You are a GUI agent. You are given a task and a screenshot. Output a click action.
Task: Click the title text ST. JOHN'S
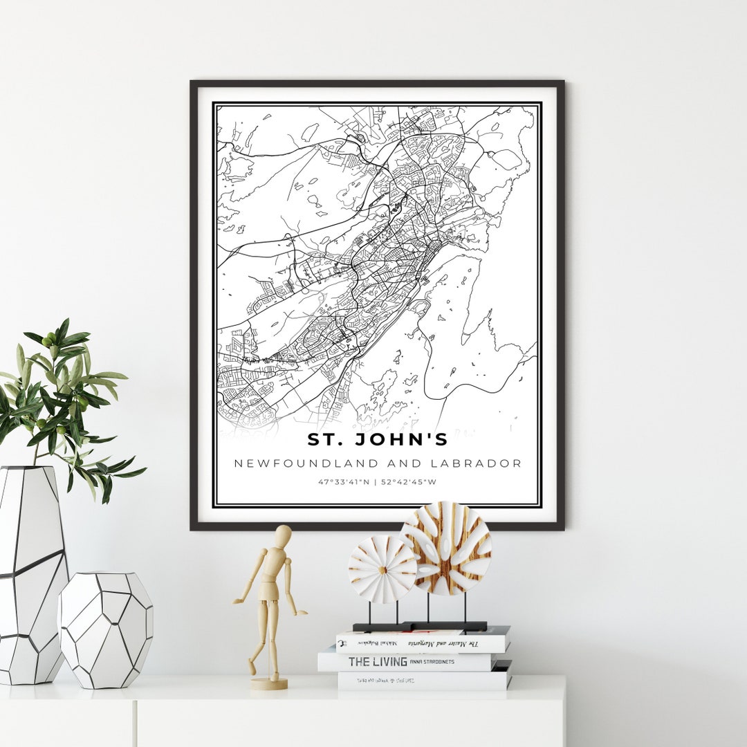tap(377, 439)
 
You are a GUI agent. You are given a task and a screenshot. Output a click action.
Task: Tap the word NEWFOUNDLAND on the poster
tap(297, 463)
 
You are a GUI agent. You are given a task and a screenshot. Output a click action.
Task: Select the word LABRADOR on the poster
tap(482, 463)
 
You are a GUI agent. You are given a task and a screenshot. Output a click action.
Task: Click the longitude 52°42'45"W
tap(412, 482)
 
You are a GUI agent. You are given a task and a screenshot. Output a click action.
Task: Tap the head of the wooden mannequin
tap(283, 535)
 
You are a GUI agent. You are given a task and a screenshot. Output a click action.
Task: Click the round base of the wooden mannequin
tap(269, 683)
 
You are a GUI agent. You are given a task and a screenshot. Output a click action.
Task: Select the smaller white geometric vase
tap(104, 629)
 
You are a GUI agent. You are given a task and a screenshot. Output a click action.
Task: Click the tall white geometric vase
tap(31, 574)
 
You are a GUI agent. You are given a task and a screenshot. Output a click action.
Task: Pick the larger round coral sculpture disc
tap(445, 548)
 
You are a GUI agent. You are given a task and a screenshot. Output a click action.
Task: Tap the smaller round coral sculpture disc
tap(382, 569)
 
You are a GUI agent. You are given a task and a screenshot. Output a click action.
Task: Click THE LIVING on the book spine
tap(377, 661)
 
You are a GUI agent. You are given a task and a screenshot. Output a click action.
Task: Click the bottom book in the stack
tap(423, 681)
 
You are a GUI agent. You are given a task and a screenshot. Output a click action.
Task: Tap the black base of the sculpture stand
tap(420, 627)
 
